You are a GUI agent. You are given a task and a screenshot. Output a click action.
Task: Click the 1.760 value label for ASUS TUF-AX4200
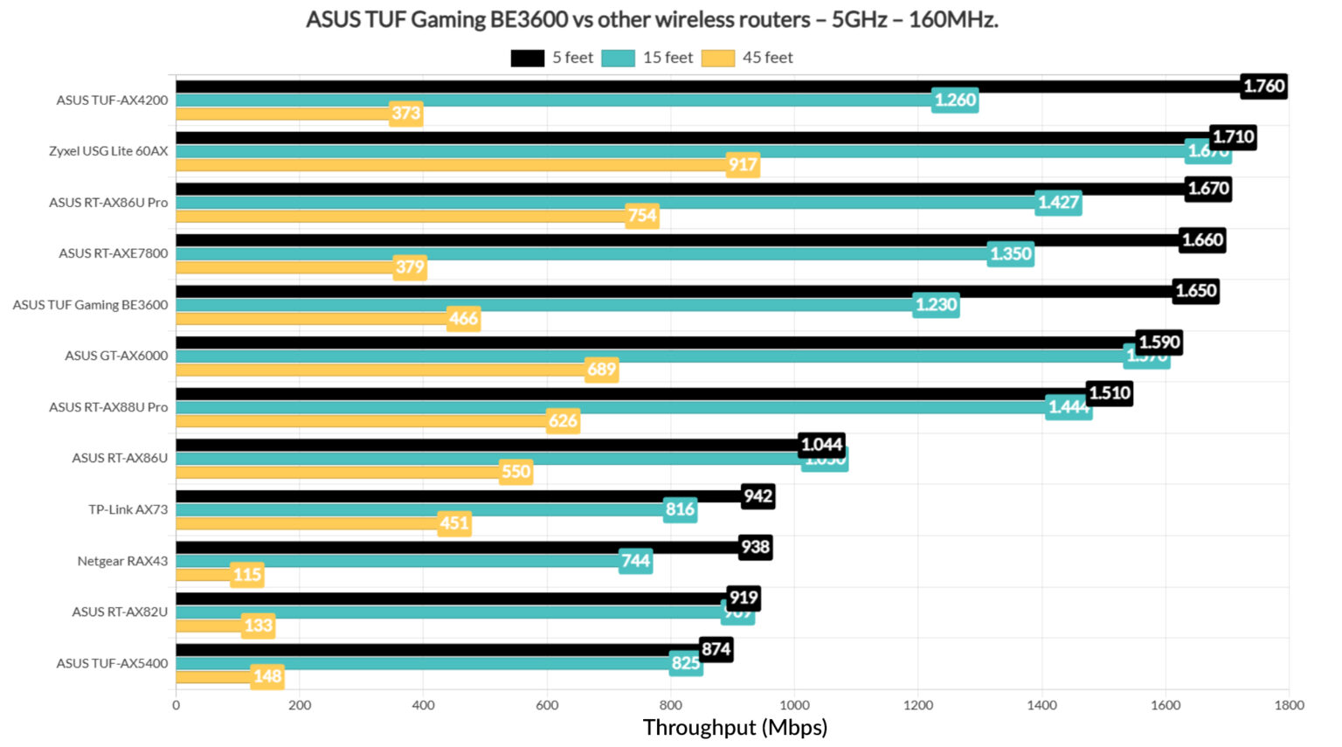pyautogui.click(x=1263, y=86)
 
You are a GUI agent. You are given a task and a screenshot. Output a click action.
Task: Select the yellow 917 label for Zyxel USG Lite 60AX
pyautogui.click(x=743, y=164)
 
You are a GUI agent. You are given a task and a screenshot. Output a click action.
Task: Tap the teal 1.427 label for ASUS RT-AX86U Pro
pyautogui.click(x=1058, y=203)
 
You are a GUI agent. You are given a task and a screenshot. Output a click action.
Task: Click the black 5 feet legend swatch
pyautogui.click(x=527, y=58)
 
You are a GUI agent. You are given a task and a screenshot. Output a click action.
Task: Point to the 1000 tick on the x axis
pyautogui.click(x=794, y=705)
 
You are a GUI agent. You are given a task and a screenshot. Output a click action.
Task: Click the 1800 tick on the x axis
pyautogui.click(x=1289, y=705)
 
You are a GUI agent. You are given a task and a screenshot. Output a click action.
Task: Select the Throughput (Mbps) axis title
pyautogui.click(x=735, y=728)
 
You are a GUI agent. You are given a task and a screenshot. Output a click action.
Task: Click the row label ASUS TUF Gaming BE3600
pyautogui.click(x=90, y=305)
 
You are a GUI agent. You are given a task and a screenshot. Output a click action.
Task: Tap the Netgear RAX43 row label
pyautogui.click(x=122, y=561)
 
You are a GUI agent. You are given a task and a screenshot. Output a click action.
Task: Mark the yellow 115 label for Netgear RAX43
pyautogui.click(x=247, y=575)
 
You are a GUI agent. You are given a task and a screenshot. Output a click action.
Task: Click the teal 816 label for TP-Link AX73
pyautogui.click(x=680, y=509)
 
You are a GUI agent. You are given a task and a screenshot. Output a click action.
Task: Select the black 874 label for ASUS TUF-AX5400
pyautogui.click(x=716, y=649)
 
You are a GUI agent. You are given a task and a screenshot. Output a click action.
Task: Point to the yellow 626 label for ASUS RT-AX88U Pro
pyautogui.click(x=563, y=421)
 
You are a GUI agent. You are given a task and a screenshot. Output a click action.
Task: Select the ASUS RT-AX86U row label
pyautogui.click(x=120, y=458)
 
